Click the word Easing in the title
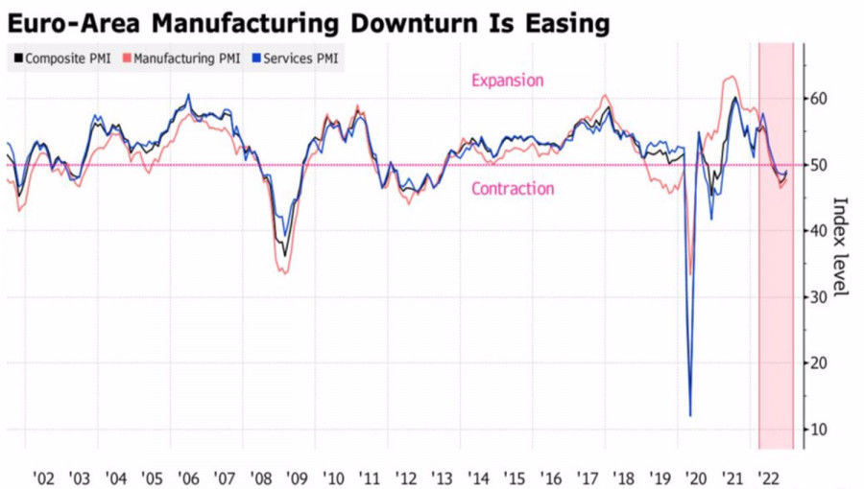563,22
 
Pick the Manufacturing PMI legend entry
183,58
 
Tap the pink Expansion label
507,81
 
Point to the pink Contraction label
513,189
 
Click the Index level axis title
840,246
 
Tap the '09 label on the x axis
297,477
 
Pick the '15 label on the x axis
514,477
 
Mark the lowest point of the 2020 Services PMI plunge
690,415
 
